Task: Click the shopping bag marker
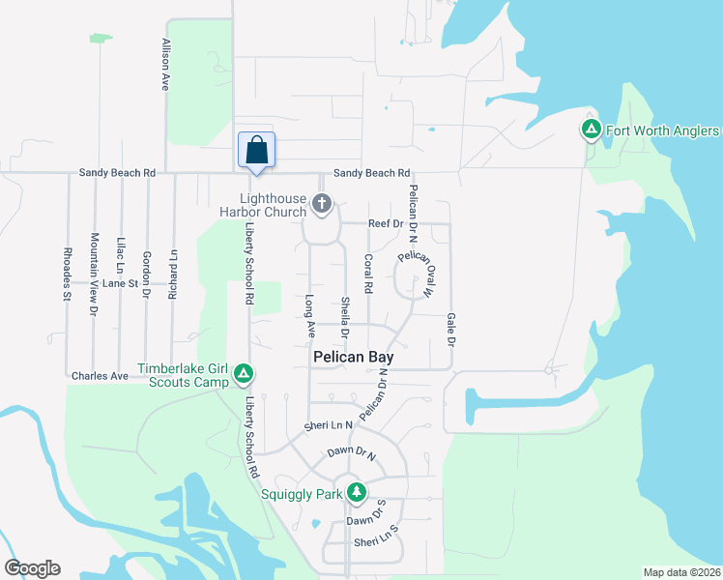pos(256,152)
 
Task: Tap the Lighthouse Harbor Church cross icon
pos(323,205)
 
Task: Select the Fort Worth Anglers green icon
pos(591,130)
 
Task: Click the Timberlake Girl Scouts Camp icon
pos(244,373)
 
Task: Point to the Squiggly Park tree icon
pos(356,492)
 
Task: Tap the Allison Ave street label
pos(166,65)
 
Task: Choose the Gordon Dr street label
pos(146,262)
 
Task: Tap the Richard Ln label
pos(173,275)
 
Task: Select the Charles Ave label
pos(100,375)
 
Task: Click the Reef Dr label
pos(386,223)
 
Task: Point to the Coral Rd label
pos(368,274)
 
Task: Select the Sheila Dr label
pos(344,316)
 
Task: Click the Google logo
pos(32,568)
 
